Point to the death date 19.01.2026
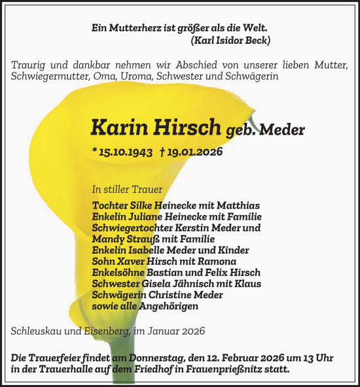194,152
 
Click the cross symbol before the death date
162,152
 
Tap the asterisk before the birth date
96,152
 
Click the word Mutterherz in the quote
132,29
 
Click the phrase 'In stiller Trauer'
127,190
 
